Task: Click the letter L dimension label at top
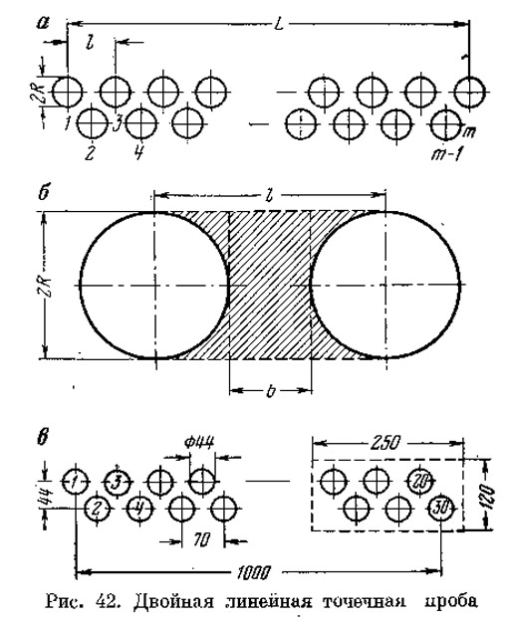[279, 25]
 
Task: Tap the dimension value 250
[384, 442]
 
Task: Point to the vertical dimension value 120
[489, 495]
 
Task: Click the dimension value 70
[202, 539]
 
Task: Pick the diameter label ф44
[199, 441]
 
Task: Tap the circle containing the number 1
[75, 481]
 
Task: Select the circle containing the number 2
[98, 508]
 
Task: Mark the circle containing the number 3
[117, 482]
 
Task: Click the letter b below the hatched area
[270, 391]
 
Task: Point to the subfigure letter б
[43, 194]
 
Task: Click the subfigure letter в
[43, 440]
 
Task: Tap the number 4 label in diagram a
[137, 152]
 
